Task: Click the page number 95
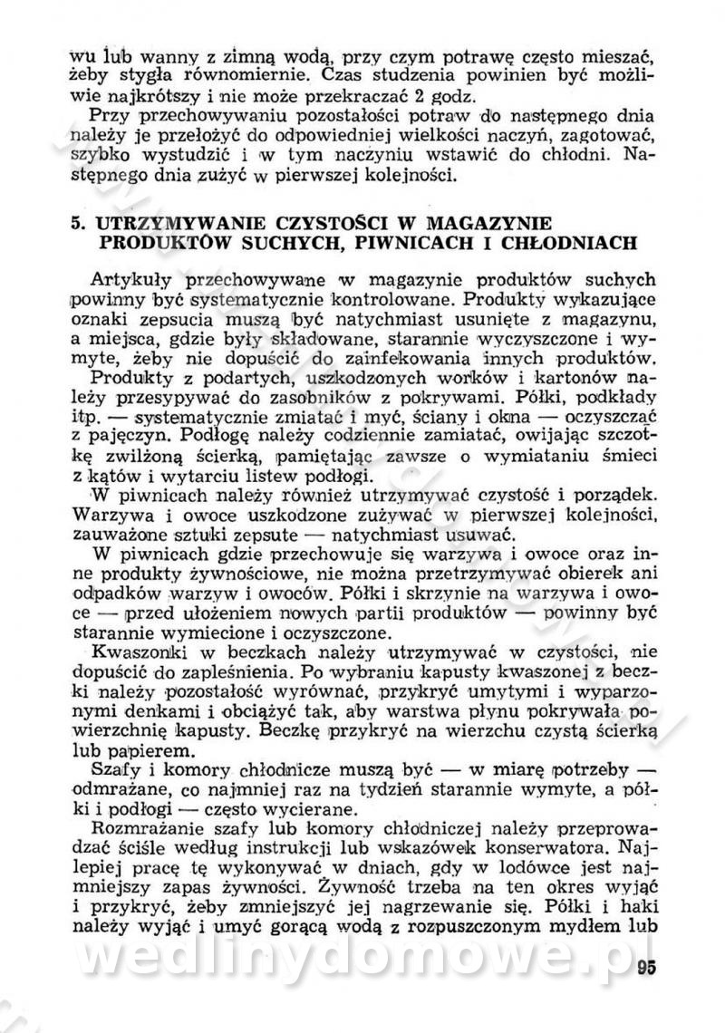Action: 645,964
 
